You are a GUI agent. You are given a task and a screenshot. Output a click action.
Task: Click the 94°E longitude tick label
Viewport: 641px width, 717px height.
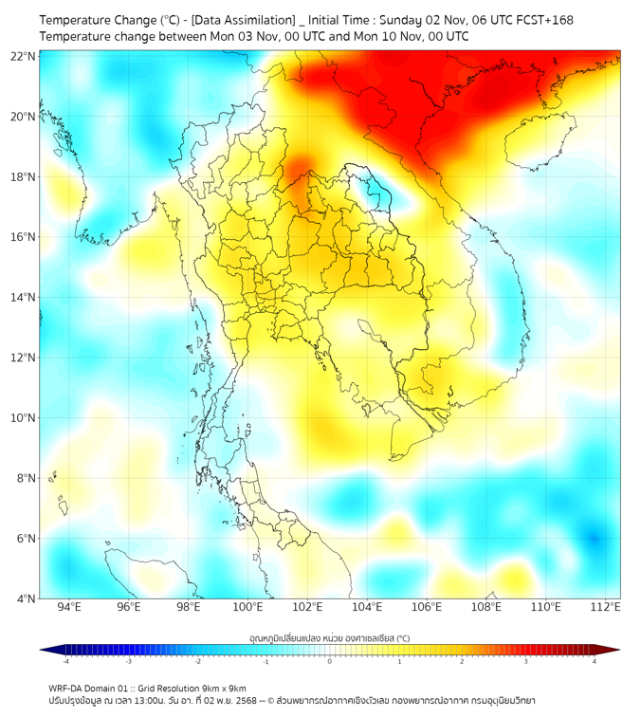tap(69, 607)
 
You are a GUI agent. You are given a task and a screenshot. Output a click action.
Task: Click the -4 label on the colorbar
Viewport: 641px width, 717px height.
tap(65, 661)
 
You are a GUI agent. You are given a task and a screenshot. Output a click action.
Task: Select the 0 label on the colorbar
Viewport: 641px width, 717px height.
tap(330, 661)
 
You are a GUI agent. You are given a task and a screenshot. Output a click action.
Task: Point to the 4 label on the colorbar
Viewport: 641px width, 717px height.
tap(594, 661)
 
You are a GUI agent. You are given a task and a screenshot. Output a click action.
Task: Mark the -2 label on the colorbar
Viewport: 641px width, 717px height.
tap(197, 661)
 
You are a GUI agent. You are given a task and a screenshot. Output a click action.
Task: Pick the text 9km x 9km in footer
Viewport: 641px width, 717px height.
tap(224, 688)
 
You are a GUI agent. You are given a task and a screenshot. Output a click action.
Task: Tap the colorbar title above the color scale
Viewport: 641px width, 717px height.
tap(329, 637)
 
